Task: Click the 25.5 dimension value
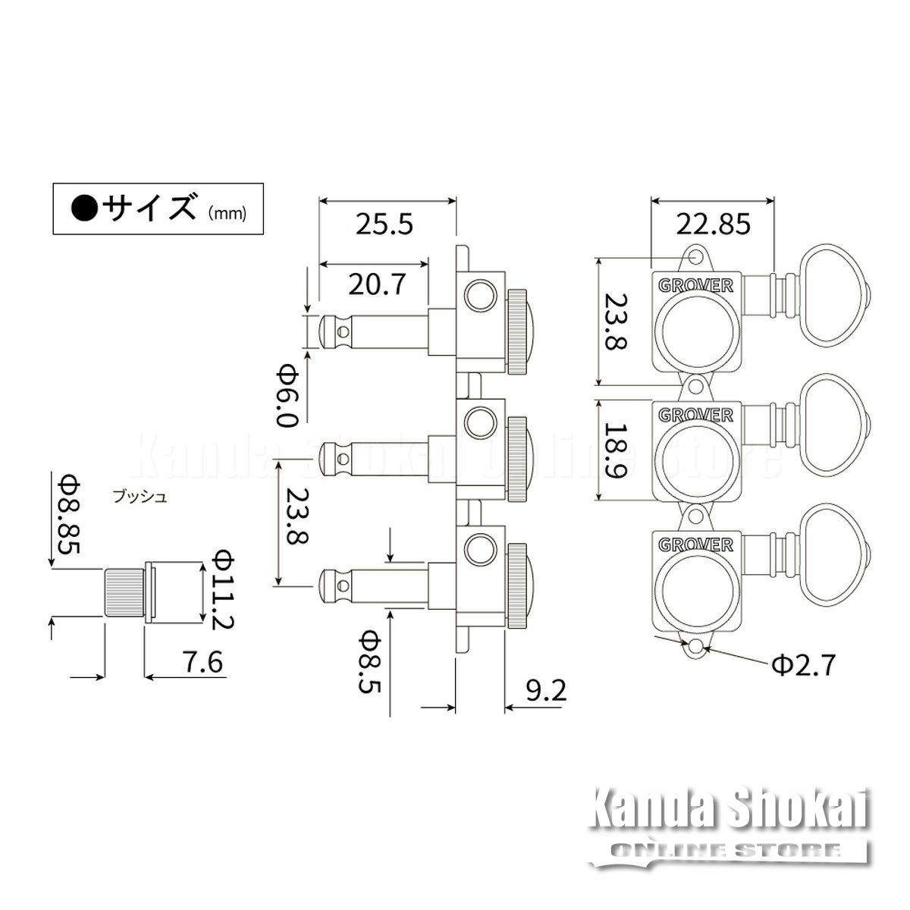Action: pos(384,224)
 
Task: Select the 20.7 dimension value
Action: pos(377,284)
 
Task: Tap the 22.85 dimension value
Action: pos(713,224)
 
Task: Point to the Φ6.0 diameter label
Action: pos(288,396)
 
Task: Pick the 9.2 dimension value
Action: pos(546,692)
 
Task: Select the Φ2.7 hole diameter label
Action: pos(803,665)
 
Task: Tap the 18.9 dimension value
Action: pos(617,450)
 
